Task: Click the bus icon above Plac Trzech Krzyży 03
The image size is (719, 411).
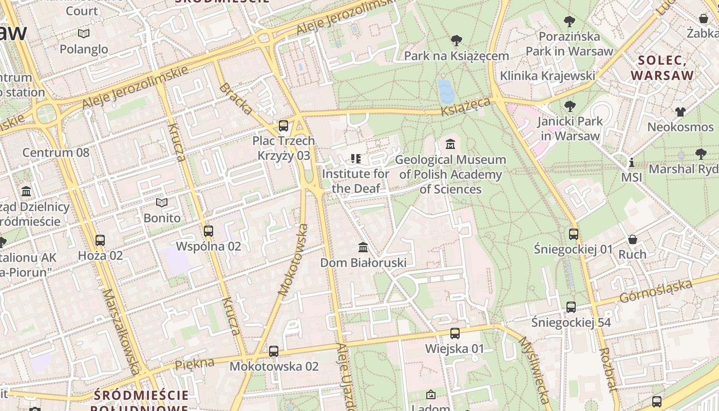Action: pos(283,125)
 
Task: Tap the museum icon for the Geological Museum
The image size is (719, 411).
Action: pos(450,144)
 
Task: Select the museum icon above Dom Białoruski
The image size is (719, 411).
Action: pos(363,248)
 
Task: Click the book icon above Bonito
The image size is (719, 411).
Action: pos(162,203)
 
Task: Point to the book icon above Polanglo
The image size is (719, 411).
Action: pos(84,34)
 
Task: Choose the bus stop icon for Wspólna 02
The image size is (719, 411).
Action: pos(208,231)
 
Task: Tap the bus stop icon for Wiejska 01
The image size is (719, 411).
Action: pos(455,333)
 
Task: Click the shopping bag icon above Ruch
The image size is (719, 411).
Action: pos(632,239)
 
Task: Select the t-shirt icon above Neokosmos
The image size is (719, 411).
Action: pos(680,111)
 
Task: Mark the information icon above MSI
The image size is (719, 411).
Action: pos(631,163)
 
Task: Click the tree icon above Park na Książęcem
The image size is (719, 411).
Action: pos(456,41)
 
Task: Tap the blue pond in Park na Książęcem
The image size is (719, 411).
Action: pos(446,91)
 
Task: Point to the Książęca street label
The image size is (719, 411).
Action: pos(466,107)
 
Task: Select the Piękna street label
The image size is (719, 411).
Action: pos(194,364)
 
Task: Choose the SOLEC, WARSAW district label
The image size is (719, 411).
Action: pos(662,68)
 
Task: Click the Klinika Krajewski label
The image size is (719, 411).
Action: pos(547,76)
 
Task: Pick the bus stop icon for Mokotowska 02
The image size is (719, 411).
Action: pos(274,351)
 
